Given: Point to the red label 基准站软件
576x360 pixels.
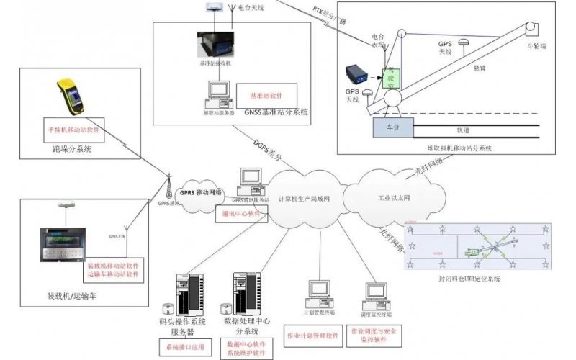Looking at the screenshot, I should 266,95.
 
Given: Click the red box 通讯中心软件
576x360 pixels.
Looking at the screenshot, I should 241,213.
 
